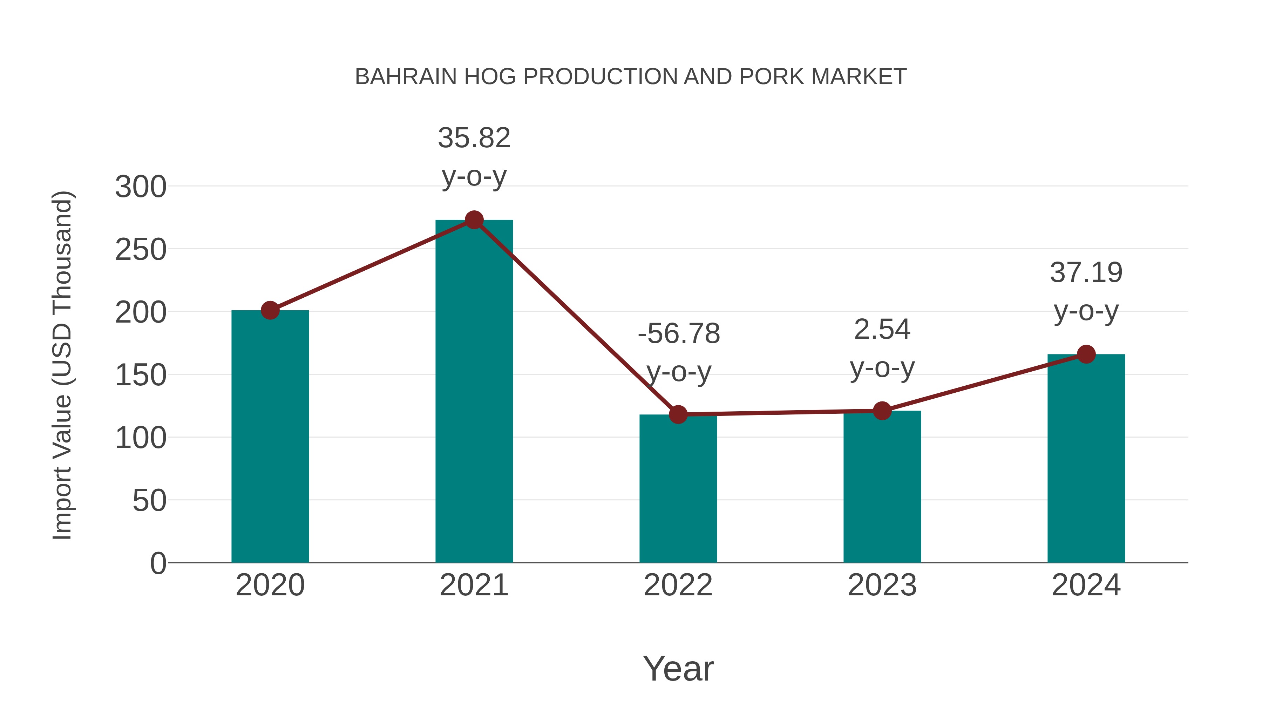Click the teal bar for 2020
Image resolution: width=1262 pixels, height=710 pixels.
click(x=270, y=436)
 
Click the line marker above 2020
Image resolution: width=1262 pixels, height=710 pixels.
click(x=270, y=310)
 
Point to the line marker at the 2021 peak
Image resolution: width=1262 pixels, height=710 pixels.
click(x=474, y=220)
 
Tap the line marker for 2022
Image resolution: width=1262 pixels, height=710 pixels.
click(x=678, y=414)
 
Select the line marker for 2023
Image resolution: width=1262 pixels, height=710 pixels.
click(x=882, y=411)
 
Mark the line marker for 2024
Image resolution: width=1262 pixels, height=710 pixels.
click(x=1086, y=354)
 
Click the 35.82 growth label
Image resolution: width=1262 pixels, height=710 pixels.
click(x=474, y=138)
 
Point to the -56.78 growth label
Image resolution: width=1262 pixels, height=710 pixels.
click(x=679, y=334)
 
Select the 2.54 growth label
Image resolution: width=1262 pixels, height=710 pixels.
click(x=882, y=329)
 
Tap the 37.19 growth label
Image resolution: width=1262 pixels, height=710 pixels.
click(x=1086, y=273)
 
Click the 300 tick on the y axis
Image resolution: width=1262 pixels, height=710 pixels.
click(x=141, y=187)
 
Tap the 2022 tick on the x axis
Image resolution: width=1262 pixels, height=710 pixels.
click(x=678, y=585)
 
